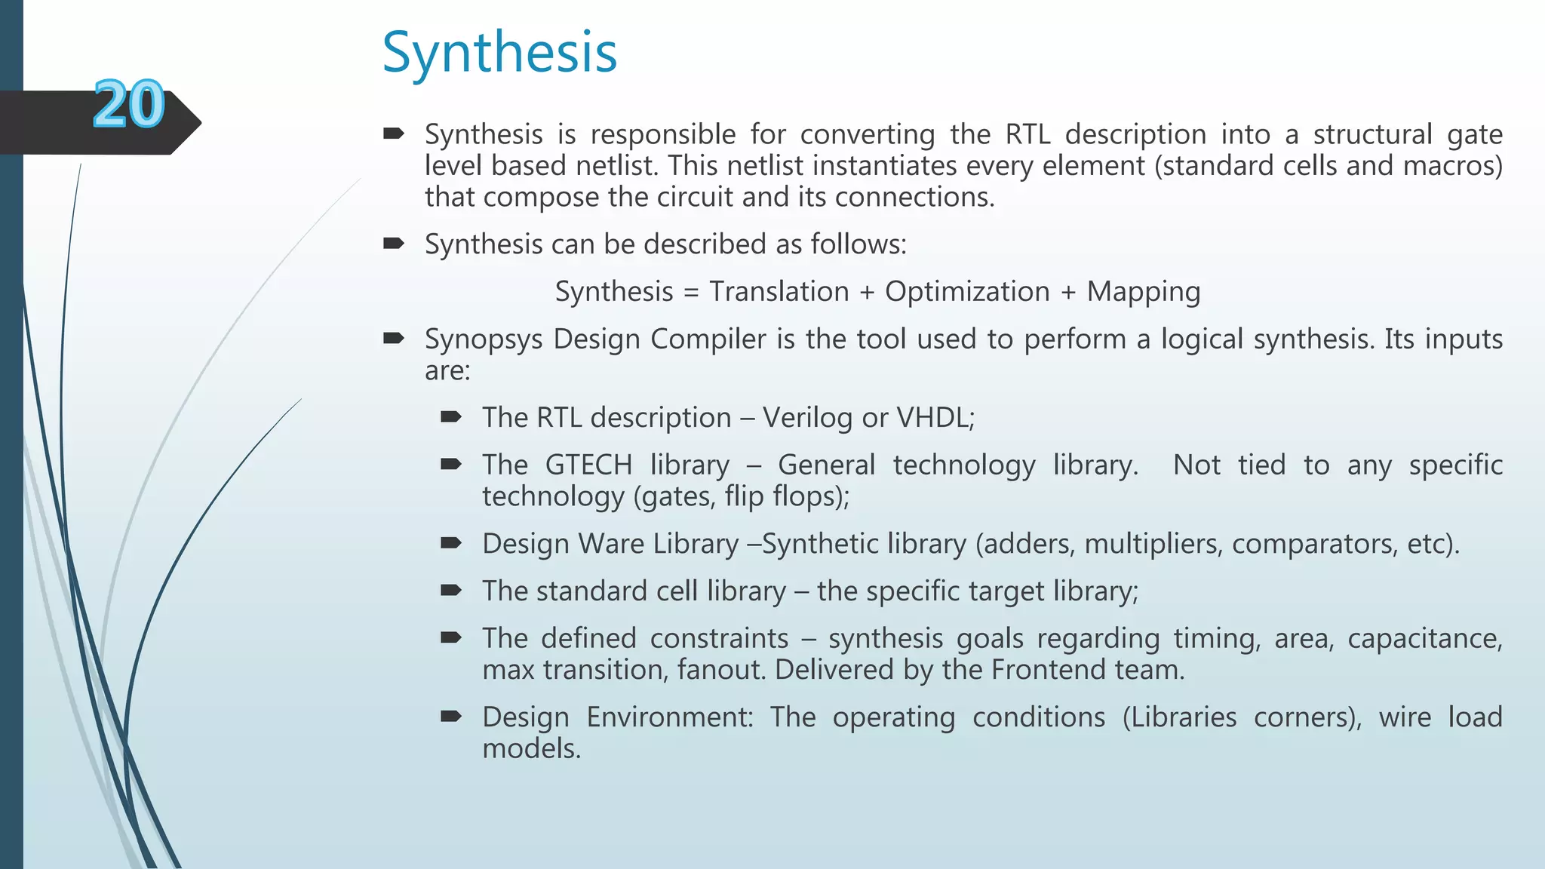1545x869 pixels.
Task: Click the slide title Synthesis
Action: coord(499,53)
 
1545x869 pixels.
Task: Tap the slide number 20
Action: coord(129,105)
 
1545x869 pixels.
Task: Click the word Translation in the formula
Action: coord(779,292)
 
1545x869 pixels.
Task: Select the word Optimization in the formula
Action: coord(967,292)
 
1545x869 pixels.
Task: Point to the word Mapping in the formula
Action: coord(1143,292)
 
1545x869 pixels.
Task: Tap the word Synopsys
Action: coord(484,339)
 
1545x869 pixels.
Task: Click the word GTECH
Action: coord(588,465)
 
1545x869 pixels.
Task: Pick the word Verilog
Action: coord(807,418)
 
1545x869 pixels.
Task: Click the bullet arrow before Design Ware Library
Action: coord(450,543)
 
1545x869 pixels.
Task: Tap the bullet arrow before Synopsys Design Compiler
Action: coord(393,339)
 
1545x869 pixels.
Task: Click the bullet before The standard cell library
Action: coord(450,591)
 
